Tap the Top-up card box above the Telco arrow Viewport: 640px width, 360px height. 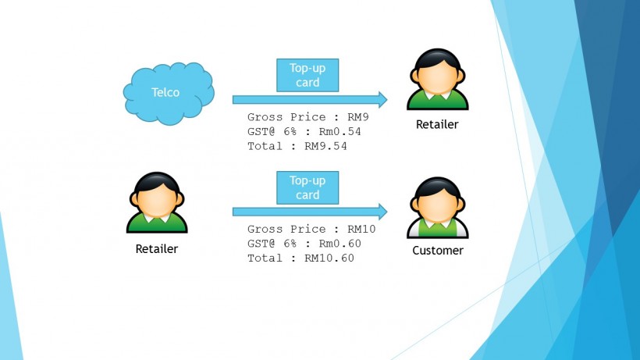point(308,76)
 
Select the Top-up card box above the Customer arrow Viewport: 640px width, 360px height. point(308,187)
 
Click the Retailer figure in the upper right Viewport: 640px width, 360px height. point(437,80)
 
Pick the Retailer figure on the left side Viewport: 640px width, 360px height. point(157,203)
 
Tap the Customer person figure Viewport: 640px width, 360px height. point(437,207)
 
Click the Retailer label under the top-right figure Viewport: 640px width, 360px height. point(437,124)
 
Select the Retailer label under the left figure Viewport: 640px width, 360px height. point(157,249)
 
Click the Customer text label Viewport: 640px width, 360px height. point(438,251)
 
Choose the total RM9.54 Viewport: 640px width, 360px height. point(325,145)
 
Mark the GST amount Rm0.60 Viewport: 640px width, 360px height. point(340,243)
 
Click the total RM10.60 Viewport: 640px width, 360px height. point(329,258)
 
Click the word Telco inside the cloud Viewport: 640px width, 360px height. point(165,92)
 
